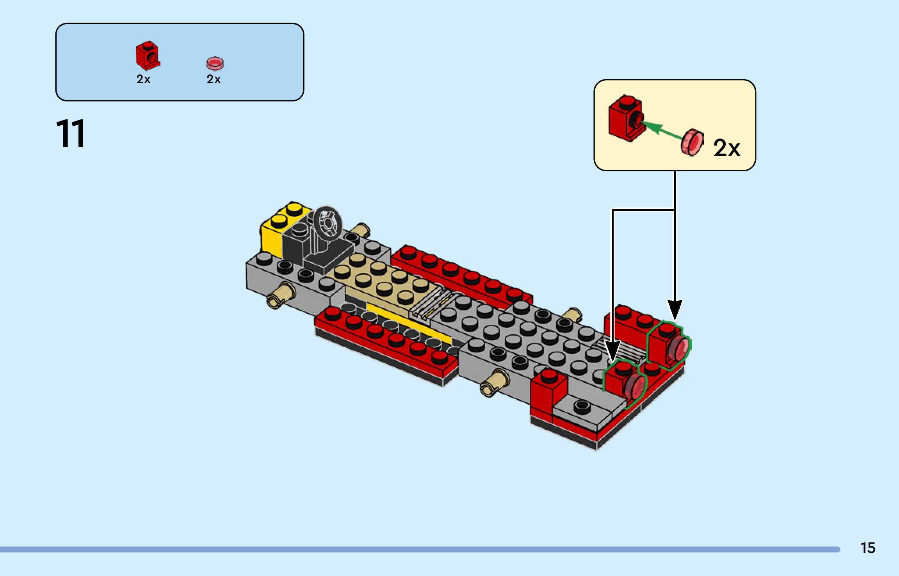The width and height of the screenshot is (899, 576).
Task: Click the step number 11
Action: coord(71,134)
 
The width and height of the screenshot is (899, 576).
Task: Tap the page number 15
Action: coord(868,548)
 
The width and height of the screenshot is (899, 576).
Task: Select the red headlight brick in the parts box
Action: coord(148,55)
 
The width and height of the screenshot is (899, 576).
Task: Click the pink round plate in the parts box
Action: coord(215,63)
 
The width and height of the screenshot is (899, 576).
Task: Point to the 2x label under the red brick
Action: coord(143,79)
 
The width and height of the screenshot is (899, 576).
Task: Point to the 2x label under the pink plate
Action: coord(214,79)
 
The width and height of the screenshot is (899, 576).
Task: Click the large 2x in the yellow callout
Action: coord(726,148)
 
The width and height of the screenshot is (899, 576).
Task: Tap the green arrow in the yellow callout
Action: coord(662,128)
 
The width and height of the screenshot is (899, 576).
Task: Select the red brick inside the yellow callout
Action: coord(626,117)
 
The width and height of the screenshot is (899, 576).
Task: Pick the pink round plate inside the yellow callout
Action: coord(692,142)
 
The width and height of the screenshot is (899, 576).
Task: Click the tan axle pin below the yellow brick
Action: coord(281,295)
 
